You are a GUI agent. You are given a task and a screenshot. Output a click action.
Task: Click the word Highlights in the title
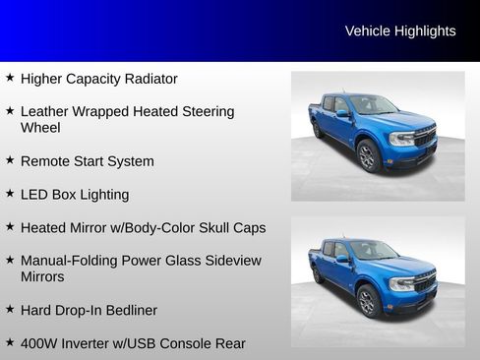click(x=425, y=30)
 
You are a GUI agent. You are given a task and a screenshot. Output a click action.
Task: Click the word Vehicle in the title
click(x=368, y=30)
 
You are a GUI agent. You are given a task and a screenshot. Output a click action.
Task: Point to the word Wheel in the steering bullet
click(x=40, y=128)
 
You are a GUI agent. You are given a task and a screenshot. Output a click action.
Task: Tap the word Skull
click(x=213, y=228)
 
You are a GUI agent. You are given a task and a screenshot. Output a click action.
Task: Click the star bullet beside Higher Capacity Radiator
click(x=10, y=78)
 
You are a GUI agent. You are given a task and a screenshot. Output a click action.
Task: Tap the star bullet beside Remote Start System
click(x=10, y=160)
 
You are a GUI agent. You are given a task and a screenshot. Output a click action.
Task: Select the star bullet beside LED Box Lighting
click(x=10, y=194)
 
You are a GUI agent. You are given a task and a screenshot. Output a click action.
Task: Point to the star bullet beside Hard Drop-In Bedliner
click(x=10, y=309)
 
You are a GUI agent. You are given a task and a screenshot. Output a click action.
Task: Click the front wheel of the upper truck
click(x=369, y=155)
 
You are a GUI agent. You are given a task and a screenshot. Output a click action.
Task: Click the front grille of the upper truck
click(x=424, y=137)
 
